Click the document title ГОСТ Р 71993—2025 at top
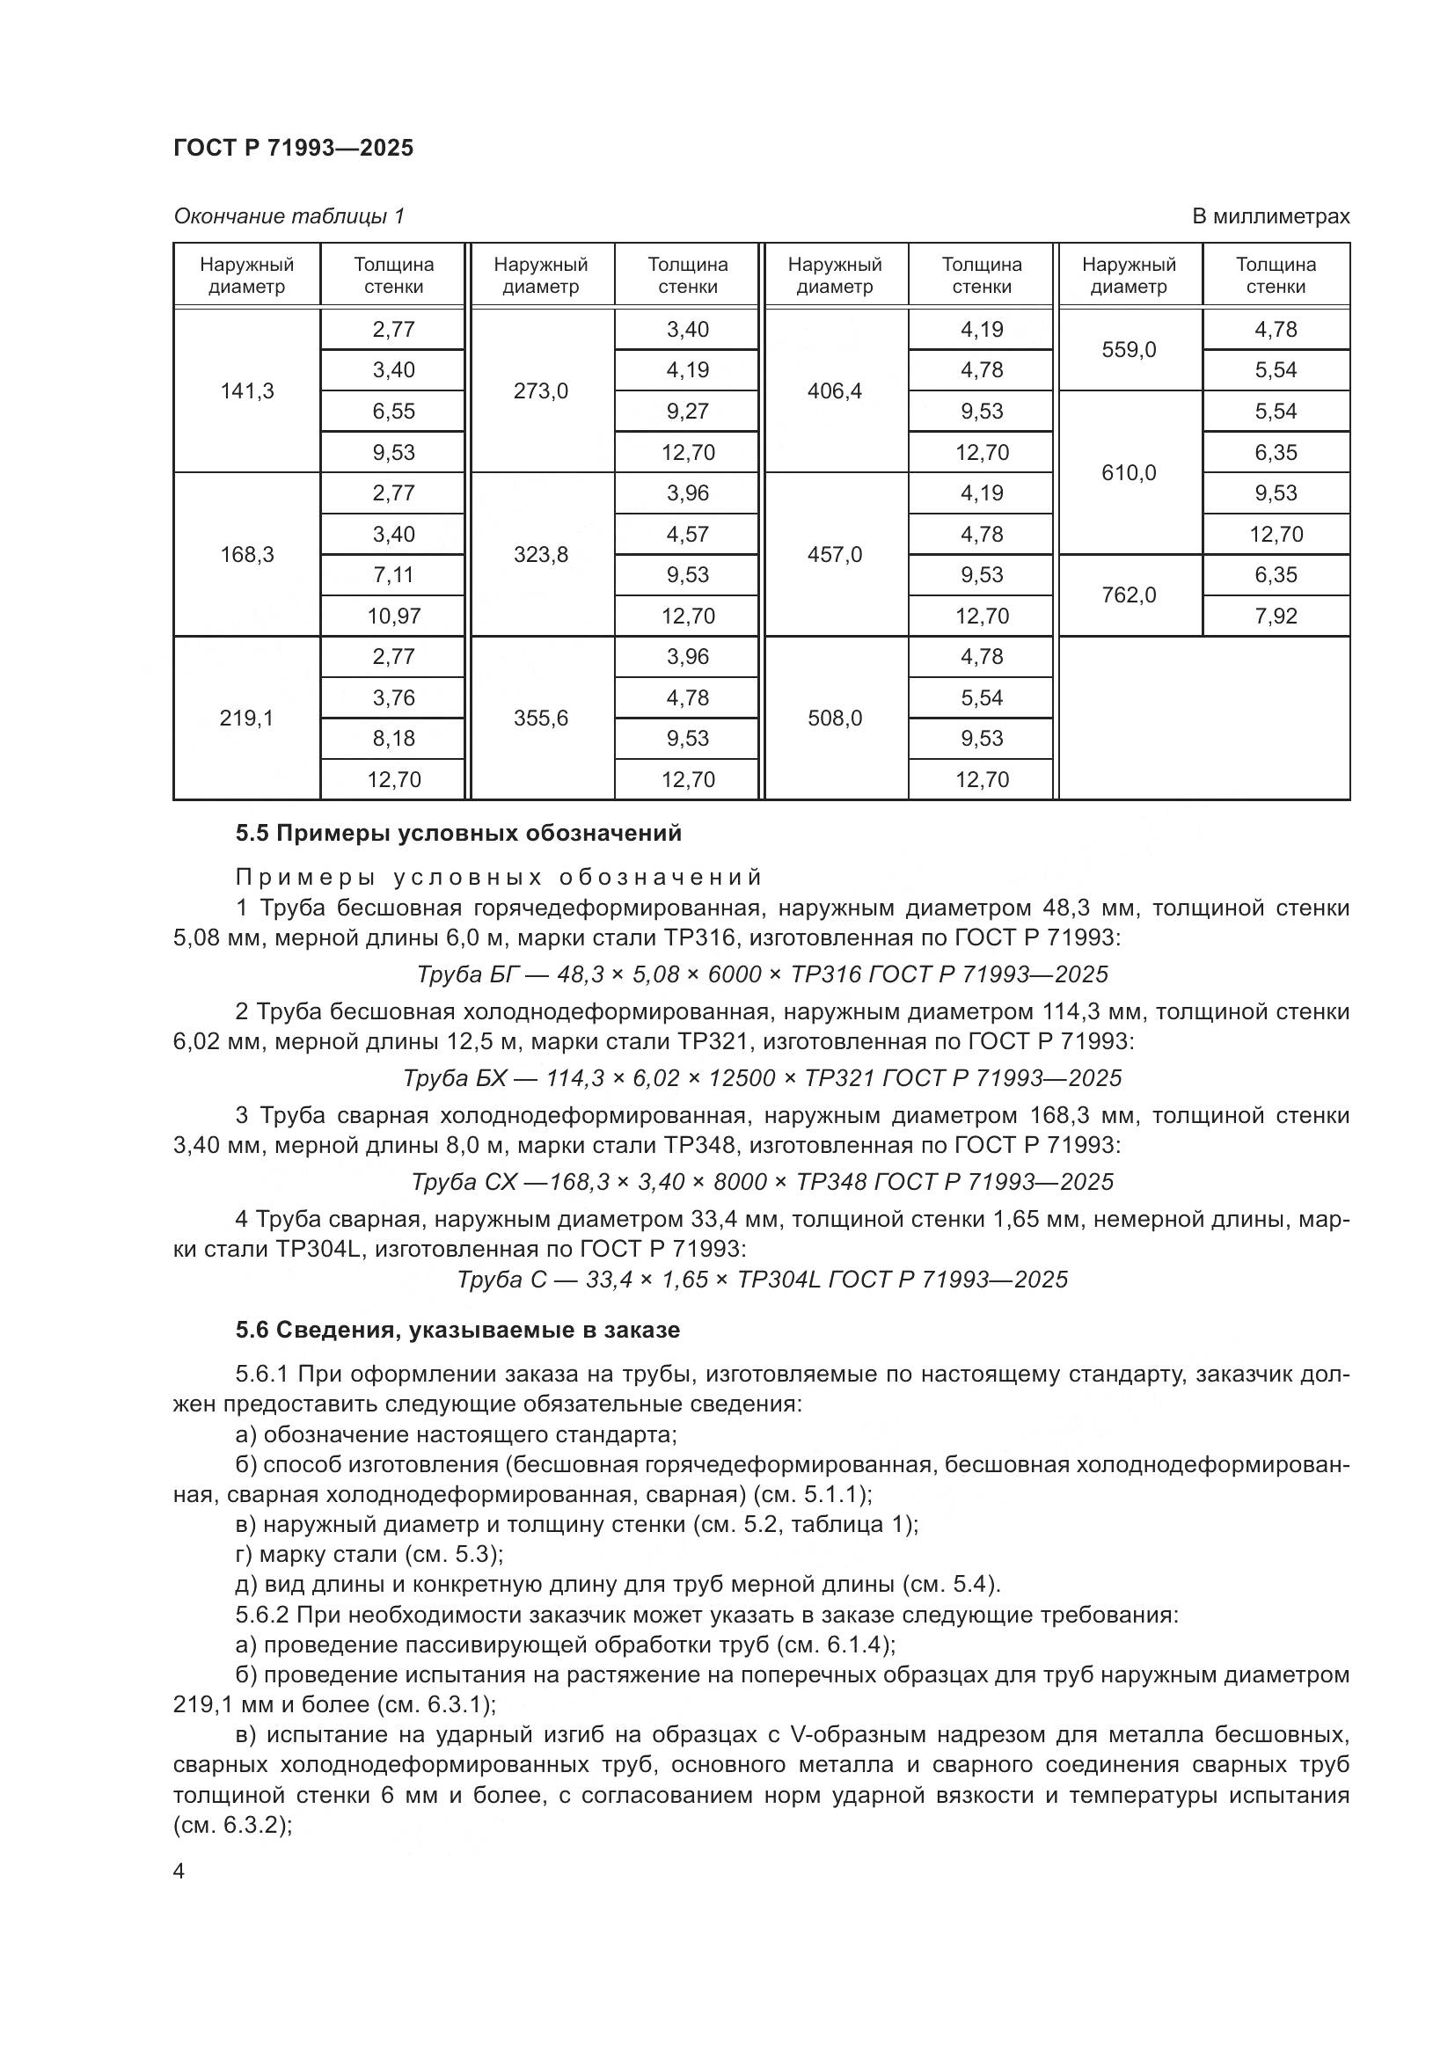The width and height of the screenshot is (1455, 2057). (293, 148)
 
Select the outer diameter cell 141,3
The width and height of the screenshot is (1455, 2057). (246, 390)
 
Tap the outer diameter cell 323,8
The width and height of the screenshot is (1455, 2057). (540, 555)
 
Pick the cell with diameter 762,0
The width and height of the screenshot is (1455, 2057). (1128, 594)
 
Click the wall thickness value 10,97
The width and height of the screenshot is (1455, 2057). (393, 616)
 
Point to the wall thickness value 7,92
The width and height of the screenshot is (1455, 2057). (1275, 616)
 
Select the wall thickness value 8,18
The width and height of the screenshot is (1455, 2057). (393, 738)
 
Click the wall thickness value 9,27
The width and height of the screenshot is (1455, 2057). (687, 412)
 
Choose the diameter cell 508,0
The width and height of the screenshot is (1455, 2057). (834, 718)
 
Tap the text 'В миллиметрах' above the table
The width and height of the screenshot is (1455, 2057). (1269, 216)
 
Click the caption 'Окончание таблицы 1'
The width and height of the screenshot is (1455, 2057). (289, 216)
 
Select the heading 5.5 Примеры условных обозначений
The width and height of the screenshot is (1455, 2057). (457, 833)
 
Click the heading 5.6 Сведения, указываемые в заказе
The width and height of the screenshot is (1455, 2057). (457, 1330)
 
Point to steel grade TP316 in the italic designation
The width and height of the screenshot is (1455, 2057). (823, 974)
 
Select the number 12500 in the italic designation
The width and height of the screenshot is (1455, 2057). (741, 1078)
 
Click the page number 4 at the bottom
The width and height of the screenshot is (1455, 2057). (179, 1871)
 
